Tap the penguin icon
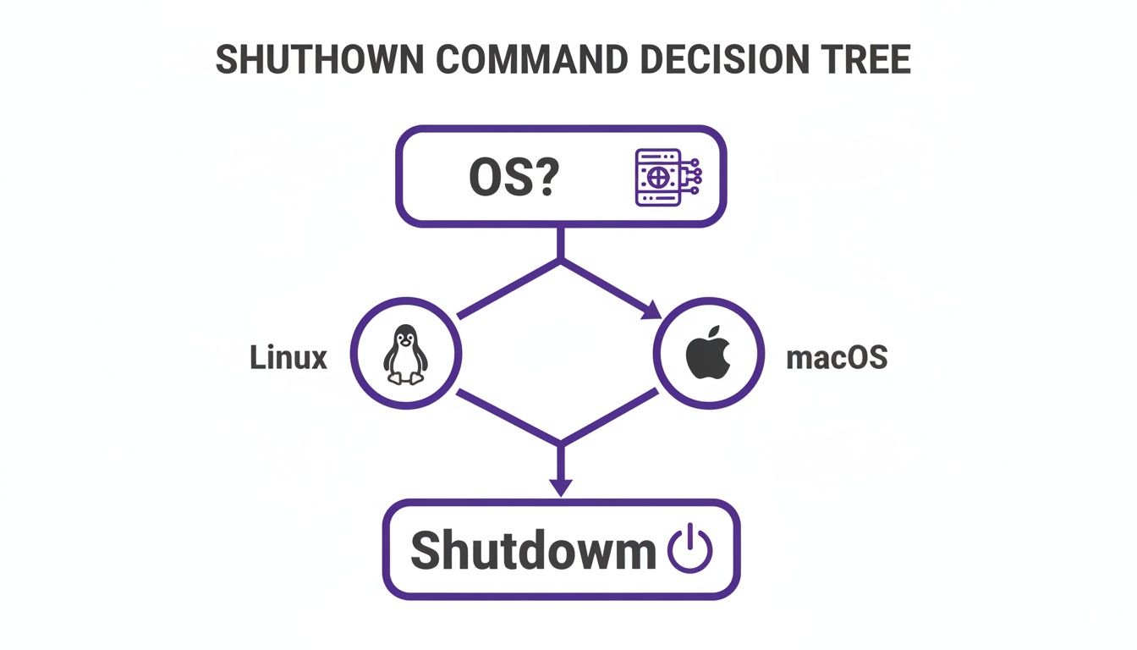[405, 354]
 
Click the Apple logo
[707, 355]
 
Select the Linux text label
[288, 357]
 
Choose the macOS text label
[837, 357]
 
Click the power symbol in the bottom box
[690, 550]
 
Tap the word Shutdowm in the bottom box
[532, 550]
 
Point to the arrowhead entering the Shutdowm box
[560, 487]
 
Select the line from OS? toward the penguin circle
[508, 289]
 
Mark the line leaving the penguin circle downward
[508, 417]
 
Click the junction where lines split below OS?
[560, 260]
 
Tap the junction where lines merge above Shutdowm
[560, 443]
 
